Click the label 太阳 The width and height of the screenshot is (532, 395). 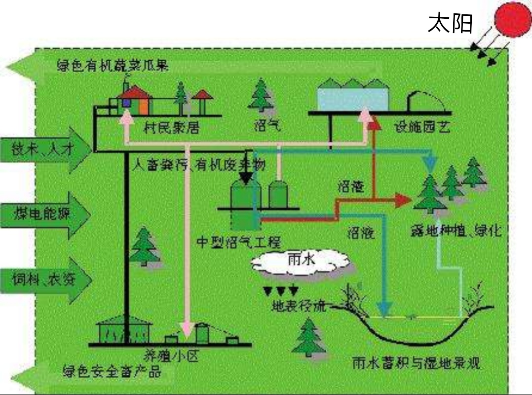coord(450,23)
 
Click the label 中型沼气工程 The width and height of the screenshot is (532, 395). coord(238,242)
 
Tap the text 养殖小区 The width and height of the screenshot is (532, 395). coord(170,356)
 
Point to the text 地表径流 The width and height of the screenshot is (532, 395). coord(299,306)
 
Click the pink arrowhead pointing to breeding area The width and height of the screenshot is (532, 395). coord(186,328)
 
